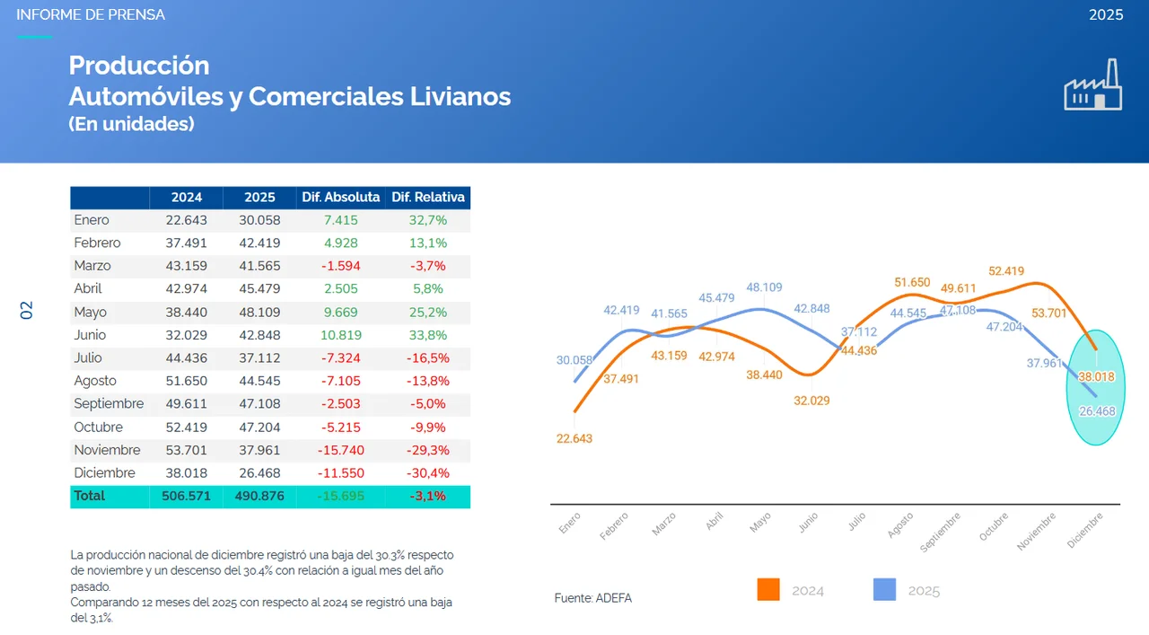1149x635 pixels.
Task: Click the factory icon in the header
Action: [1092, 85]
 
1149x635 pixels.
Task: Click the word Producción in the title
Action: [139, 66]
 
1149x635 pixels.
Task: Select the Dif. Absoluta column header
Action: [341, 198]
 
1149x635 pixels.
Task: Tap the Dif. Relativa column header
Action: [428, 198]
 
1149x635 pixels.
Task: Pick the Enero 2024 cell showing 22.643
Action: [187, 220]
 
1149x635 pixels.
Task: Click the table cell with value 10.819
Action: [341, 335]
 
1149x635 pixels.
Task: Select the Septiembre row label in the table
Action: [109, 404]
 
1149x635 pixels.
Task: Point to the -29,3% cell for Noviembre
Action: [428, 450]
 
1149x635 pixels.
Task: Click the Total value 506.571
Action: [187, 496]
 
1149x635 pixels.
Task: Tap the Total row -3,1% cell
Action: [428, 496]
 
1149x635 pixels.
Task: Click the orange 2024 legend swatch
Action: [768, 590]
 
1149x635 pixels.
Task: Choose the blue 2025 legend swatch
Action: [884, 590]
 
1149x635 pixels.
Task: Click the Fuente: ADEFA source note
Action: [592, 598]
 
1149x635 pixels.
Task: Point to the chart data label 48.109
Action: [764, 288]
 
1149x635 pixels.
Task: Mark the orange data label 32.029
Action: [811, 401]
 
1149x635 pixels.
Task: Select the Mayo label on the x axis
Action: [760, 523]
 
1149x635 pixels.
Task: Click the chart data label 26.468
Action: [1097, 411]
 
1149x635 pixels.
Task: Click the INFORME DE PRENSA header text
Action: [91, 15]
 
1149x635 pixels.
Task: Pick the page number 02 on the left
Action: [27, 311]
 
